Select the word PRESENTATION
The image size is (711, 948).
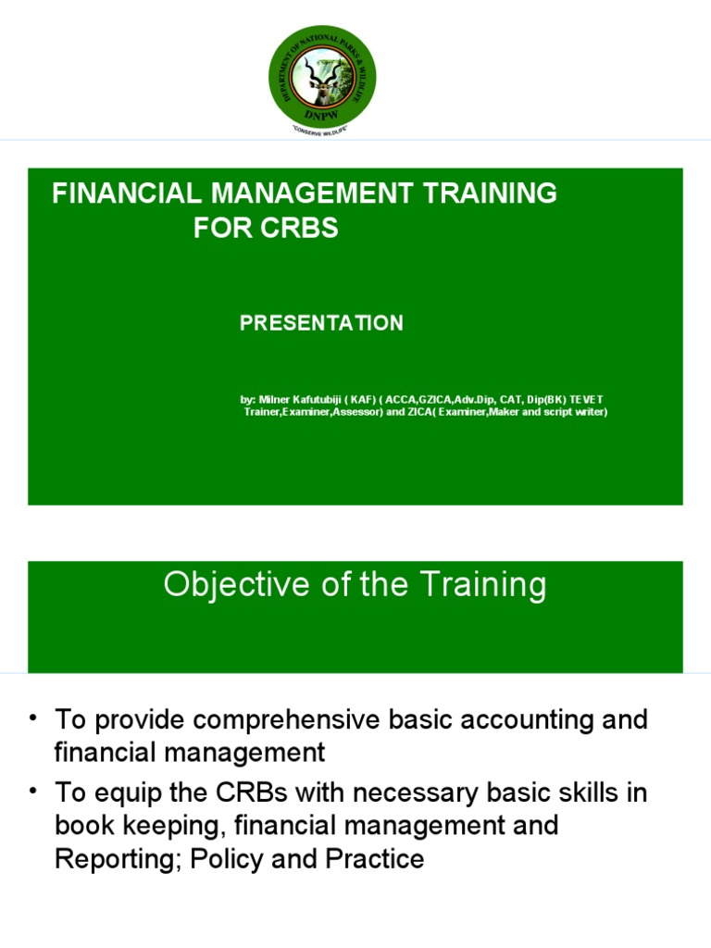coord(321,323)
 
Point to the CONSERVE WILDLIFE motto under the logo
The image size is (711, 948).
coord(322,132)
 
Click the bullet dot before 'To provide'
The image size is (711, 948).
coord(34,718)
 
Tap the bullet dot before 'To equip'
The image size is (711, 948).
coord(34,792)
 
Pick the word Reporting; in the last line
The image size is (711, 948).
coord(118,859)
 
